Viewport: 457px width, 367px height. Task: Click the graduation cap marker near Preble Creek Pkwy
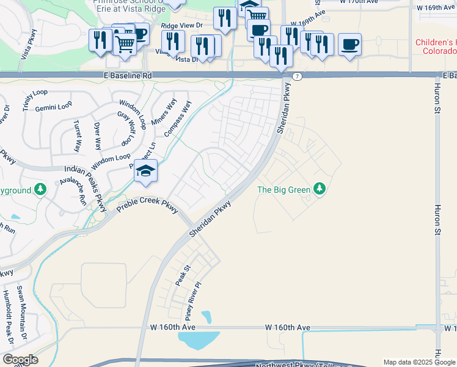click(146, 172)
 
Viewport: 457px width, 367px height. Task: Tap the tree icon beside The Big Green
click(319, 189)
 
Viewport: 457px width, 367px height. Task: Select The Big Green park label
click(283, 190)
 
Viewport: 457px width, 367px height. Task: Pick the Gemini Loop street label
click(54, 107)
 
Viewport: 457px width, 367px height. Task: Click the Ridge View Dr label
click(182, 26)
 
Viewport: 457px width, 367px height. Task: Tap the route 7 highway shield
click(297, 76)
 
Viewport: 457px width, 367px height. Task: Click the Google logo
click(20, 360)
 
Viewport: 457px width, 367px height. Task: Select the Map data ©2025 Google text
click(419, 362)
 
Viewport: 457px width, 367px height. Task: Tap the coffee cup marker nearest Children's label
click(350, 45)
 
